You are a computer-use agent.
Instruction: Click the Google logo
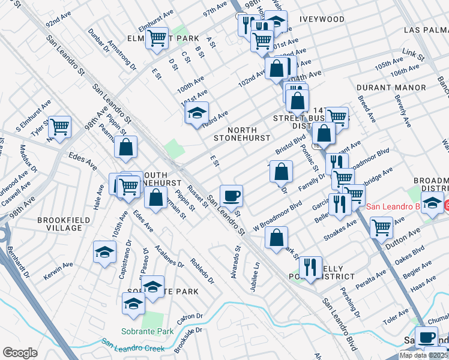coord(20,352)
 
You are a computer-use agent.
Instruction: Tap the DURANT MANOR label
coord(391,88)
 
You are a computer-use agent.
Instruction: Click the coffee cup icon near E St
coord(231,196)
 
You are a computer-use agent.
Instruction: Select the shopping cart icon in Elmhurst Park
coord(157,38)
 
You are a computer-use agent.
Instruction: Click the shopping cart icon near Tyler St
coord(59,127)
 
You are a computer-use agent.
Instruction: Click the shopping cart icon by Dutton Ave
coord(382,227)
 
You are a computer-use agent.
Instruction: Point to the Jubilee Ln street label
coord(256,269)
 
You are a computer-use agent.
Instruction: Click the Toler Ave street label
coord(396,316)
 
